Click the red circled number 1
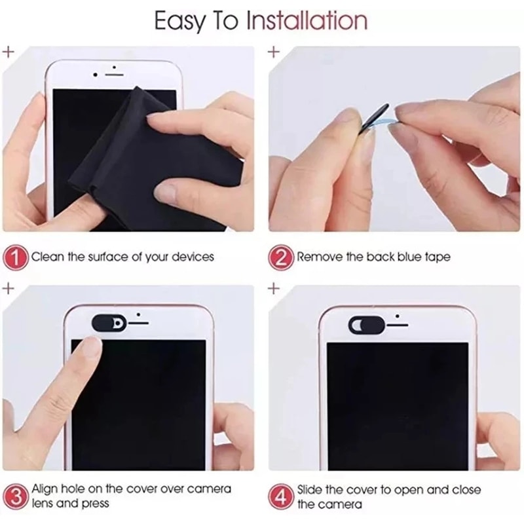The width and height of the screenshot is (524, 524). pos(16,257)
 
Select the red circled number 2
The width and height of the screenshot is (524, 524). pos(281,257)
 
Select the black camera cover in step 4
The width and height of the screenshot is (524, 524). pos(363,324)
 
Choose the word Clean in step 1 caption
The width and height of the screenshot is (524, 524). pos(47,257)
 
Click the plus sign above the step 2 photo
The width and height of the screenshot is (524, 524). pos(274,52)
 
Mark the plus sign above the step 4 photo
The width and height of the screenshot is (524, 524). pos(274,288)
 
